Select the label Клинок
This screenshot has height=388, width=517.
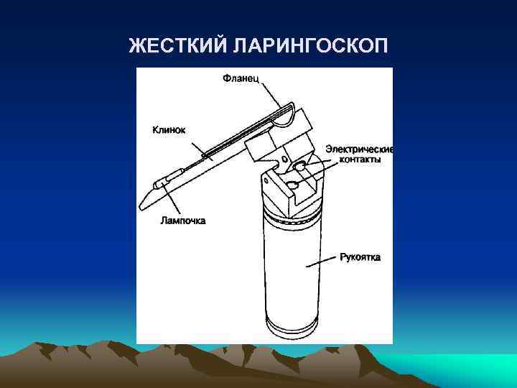[x=169, y=130]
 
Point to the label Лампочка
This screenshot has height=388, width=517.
[x=182, y=221]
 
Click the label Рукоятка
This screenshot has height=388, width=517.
[x=360, y=257]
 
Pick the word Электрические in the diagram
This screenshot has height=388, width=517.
[x=359, y=149]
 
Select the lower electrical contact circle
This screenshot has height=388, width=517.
[x=293, y=185]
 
